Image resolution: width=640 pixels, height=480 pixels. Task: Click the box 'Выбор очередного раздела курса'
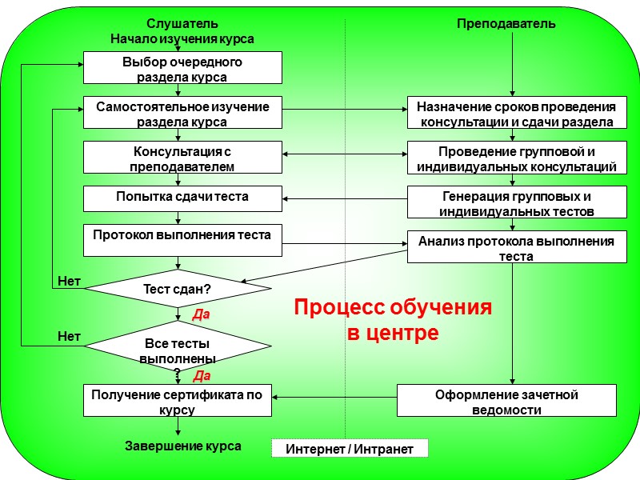click(182, 68)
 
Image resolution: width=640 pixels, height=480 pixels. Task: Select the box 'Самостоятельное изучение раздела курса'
click(182, 113)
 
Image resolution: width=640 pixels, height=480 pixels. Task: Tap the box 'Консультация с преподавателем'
click(182, 158)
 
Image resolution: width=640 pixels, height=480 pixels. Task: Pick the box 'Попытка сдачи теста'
click(182, 198)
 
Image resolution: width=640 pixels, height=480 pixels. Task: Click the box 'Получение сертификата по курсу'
click(178, 401)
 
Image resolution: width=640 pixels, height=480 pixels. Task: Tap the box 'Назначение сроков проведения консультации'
click(511, 113)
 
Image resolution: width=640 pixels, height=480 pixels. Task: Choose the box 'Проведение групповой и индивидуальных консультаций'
click(511, 158)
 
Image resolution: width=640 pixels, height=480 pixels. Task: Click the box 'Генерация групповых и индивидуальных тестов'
click(511, 202)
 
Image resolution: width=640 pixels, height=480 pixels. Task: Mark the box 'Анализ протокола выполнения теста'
click(511, 247)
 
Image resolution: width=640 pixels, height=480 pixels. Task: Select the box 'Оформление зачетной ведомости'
click(506, 401)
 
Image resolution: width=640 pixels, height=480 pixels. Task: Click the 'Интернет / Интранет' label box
click(350, 449)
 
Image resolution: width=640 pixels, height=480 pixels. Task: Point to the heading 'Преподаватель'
click(506, 24)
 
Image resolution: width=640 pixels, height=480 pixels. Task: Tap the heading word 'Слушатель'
click(182, 24)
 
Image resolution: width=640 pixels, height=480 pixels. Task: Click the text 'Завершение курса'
click(183, 446)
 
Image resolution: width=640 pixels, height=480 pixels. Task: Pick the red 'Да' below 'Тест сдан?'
click(201, 315)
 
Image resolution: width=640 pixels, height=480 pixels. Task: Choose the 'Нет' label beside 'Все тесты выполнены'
click(69, 337)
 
